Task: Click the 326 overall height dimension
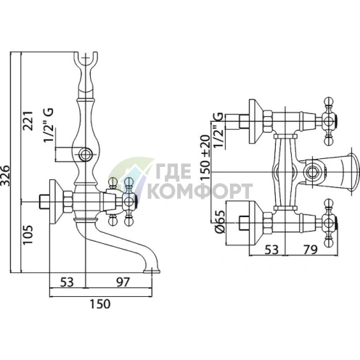point(5,176)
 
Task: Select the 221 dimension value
point(28,120)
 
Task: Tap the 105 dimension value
point(28,234)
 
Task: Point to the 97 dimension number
point(123,282)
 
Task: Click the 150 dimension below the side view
point(100,304)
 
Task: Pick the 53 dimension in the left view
point(67,282)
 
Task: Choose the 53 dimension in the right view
point(271,250)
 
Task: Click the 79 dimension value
point(310,250)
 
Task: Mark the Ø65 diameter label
point(220,221)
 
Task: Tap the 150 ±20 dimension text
point(205,157)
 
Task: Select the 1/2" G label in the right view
point(218,131)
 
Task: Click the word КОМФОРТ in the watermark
point(200,191)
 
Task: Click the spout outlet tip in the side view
point(152,271)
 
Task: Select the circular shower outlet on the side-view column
point(86,154)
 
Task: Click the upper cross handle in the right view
point(329,121)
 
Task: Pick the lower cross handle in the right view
point(329,223)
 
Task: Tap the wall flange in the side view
point(56,202)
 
